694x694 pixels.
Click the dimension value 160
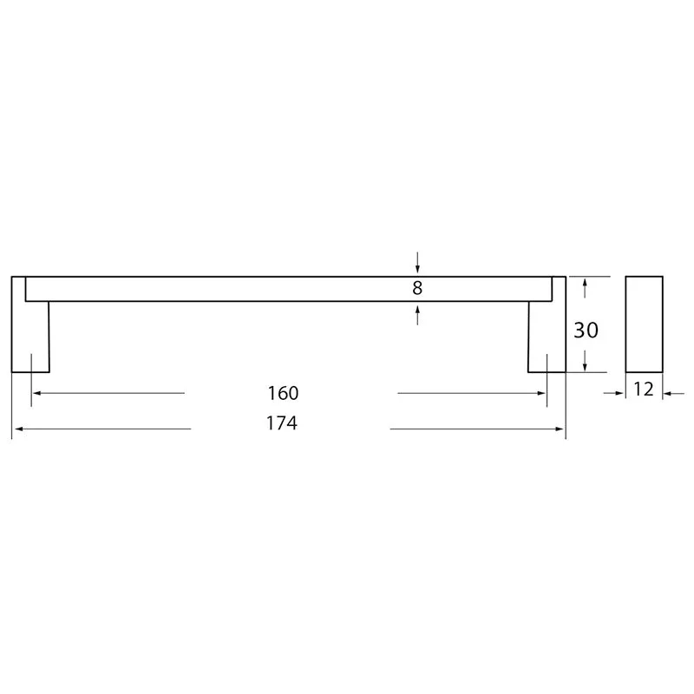click(284, 393)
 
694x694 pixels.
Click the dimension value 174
click(282, 423)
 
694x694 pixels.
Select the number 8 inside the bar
click(417, 288)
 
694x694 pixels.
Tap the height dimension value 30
click(586, 331)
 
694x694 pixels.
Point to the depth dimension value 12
click(644, 389)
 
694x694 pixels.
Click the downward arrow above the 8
click(417, 263)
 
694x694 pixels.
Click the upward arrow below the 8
click(417, 315)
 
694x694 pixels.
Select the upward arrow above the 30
click(585, 288)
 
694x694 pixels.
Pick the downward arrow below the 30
click(585, 361)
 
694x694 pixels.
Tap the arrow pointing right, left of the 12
click(614, 393)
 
